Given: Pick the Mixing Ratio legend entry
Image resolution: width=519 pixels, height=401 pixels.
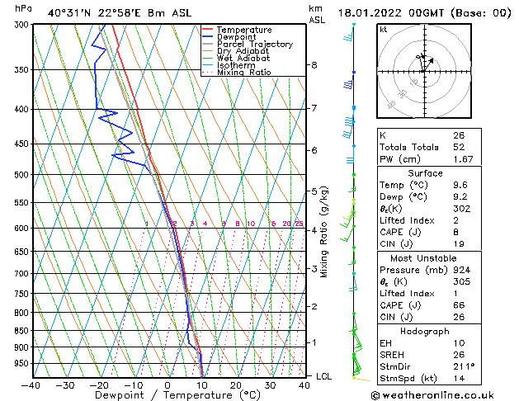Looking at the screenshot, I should pos(243,73).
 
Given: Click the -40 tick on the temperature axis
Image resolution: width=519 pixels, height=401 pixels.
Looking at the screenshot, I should pos(32,385).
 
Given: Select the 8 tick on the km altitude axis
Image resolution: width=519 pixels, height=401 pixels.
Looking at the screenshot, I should pos(314,65).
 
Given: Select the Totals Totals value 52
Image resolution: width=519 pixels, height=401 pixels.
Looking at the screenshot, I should pos(459,146).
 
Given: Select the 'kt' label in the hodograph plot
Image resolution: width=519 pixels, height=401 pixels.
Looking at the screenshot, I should pos(384,30).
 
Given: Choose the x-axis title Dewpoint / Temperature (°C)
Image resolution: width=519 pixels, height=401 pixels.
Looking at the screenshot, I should pos(167,396).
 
